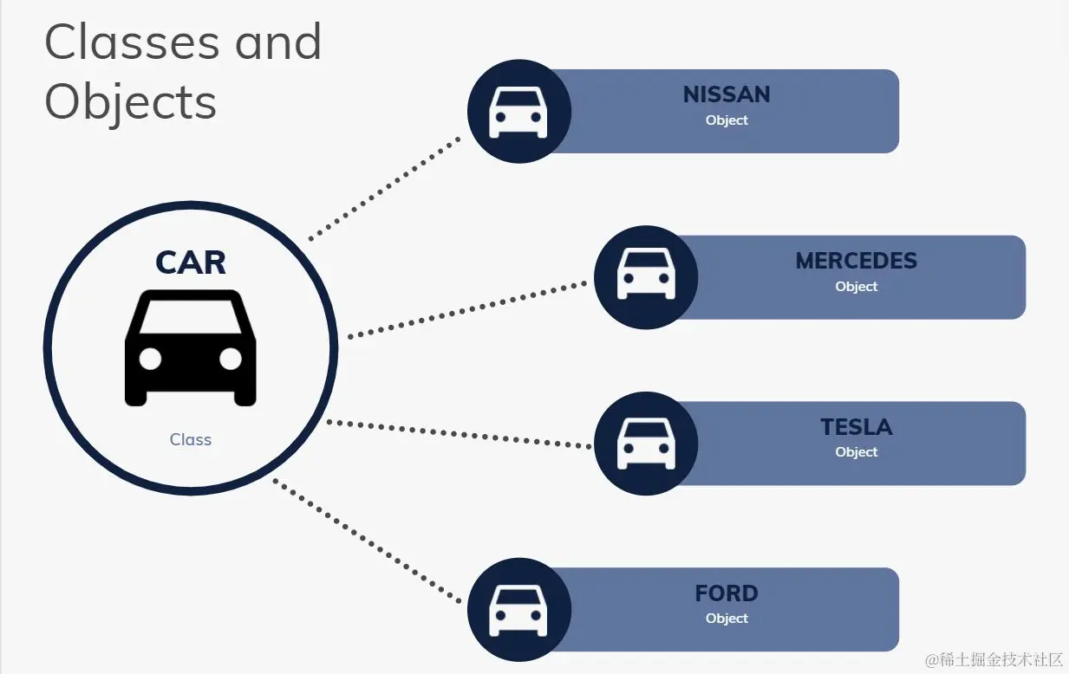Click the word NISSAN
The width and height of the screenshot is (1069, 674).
[x=727, y=94]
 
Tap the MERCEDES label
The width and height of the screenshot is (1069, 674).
[x=856, y=261]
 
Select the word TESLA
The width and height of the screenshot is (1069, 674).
[x=856, y=427]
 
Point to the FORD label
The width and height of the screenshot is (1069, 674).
[x=727, y=593]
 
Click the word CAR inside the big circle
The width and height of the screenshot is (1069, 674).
[x=191, y=262]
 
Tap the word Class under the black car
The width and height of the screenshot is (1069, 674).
[x=191, y=440]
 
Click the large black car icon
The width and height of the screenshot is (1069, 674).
[x=191, y=347]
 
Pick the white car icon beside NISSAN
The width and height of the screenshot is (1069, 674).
[x=518, y=112]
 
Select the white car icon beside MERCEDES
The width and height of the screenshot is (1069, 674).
[x=646, y=275]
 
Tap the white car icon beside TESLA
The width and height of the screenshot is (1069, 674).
[x=646, y=444]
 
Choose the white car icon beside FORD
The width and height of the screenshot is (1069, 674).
[x=518, y=610]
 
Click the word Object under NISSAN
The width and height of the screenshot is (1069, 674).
[x=727, y=120]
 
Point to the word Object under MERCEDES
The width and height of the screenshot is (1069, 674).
[x=856, y=287]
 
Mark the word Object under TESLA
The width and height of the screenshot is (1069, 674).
[x=856, y=452]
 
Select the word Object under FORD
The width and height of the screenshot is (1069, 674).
[x=727, y=619]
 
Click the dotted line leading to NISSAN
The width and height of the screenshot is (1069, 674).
[x=385, y=187]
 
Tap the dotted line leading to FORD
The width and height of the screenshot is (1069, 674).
[x=368, y=541]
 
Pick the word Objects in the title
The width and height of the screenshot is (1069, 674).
[x=130, y=101]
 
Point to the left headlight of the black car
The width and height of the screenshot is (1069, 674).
[x=150, y=359]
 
